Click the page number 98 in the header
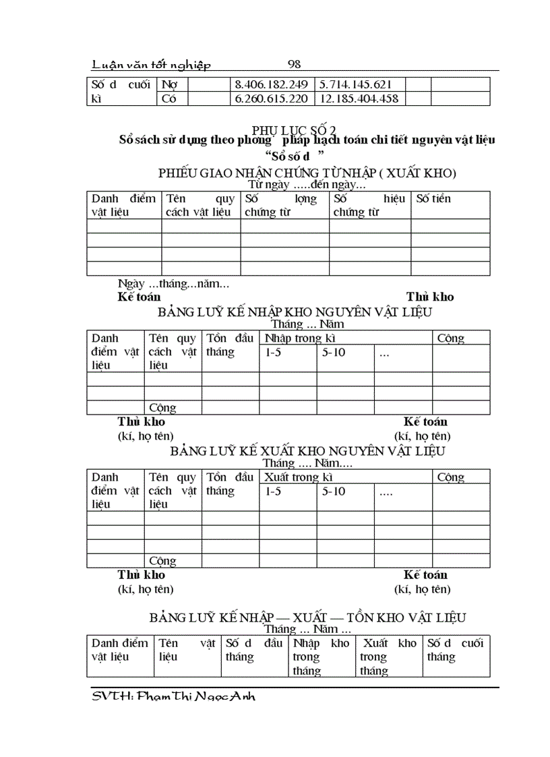(x=294, y=65)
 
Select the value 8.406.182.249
(x=270, y=85)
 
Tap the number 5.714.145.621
(x=354, y=85)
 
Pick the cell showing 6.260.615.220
(x=270, y=99)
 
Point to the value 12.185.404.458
(x=359, y=99)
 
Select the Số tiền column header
(x=434, y=199)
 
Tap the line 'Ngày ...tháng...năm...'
(x=173, y=284)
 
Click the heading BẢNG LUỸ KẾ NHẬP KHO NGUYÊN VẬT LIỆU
(x=295, y=312)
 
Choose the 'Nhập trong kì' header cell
(x=300, y=338)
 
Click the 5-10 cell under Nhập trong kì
(x=334, y=352)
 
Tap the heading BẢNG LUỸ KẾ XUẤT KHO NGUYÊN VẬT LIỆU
(x=307, y=450)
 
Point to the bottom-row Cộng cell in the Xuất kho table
(x=162, y=561)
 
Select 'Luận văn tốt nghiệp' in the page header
(x=151, y=65)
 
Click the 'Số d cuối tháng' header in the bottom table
(x=456, y=650)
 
